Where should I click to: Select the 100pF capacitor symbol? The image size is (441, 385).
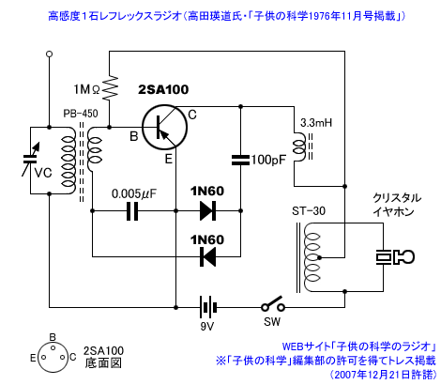click(240, 160)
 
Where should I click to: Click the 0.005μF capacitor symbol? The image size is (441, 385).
click(132, 211)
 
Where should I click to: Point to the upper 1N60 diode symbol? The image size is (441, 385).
click(207, 211)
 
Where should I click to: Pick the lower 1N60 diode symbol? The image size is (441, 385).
click(207, 256)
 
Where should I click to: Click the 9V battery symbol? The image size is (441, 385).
click(207, 307)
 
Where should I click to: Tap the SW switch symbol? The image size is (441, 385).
click(273, 304)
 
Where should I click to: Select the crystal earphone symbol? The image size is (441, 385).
click(395, 257)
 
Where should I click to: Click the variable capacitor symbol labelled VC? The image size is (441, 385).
click(31, 160)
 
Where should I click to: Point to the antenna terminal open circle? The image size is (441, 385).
click(49, 54)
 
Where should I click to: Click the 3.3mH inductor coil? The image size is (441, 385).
click(299, 146)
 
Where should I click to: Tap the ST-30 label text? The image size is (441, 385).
click(309, 211)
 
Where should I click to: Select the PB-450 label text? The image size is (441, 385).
click(81, 114)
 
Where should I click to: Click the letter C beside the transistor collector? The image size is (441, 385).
click(192, 115)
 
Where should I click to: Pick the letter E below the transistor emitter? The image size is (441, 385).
click(169, 159)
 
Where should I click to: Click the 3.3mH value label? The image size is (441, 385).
click(316, 123)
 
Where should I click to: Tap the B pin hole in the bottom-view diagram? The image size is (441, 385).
click(53, 347)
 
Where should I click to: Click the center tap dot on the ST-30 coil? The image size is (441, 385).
click(319, 258)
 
